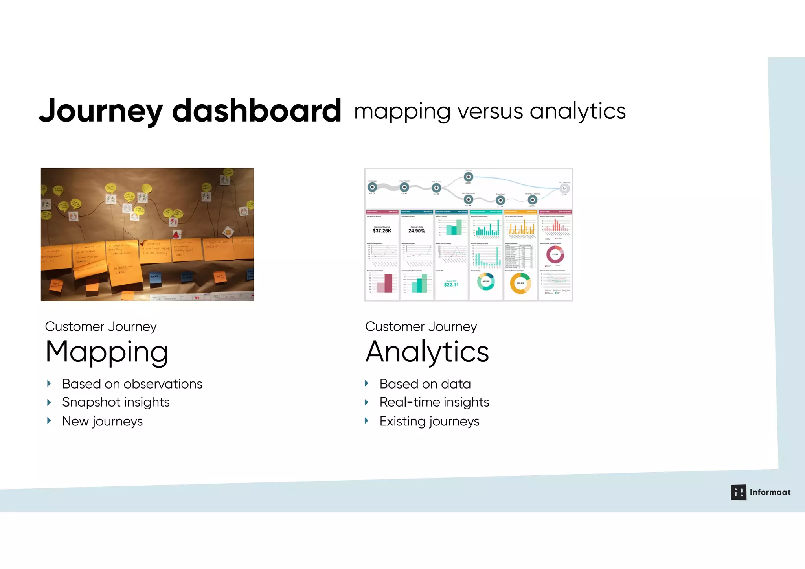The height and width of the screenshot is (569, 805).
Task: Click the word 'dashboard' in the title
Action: tap(256, 111)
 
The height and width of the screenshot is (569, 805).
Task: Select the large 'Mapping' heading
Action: tap(107, 352)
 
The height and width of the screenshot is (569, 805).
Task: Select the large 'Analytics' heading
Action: tap(427, 352)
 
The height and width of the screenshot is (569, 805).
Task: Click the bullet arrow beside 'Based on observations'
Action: tap(49, 383)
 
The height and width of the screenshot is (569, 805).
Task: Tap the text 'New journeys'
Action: tap(102, 421)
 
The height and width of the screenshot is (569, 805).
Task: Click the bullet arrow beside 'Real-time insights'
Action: tap(366, 402)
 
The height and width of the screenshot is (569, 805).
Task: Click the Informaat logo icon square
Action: tap(738, 492)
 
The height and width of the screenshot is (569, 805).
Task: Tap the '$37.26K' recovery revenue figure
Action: tap(382, 231)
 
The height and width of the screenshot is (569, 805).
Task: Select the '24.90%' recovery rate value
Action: tap(417, 231)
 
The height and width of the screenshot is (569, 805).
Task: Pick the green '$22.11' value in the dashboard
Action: tap(451, 285)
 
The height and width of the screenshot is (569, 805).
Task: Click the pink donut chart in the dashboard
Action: tap(555, 255)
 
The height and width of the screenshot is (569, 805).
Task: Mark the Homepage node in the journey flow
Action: tap(372, 187)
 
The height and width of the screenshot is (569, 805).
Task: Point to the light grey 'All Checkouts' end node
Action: tap(564, 189)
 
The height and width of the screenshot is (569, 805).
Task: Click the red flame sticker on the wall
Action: tap(176, 235)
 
